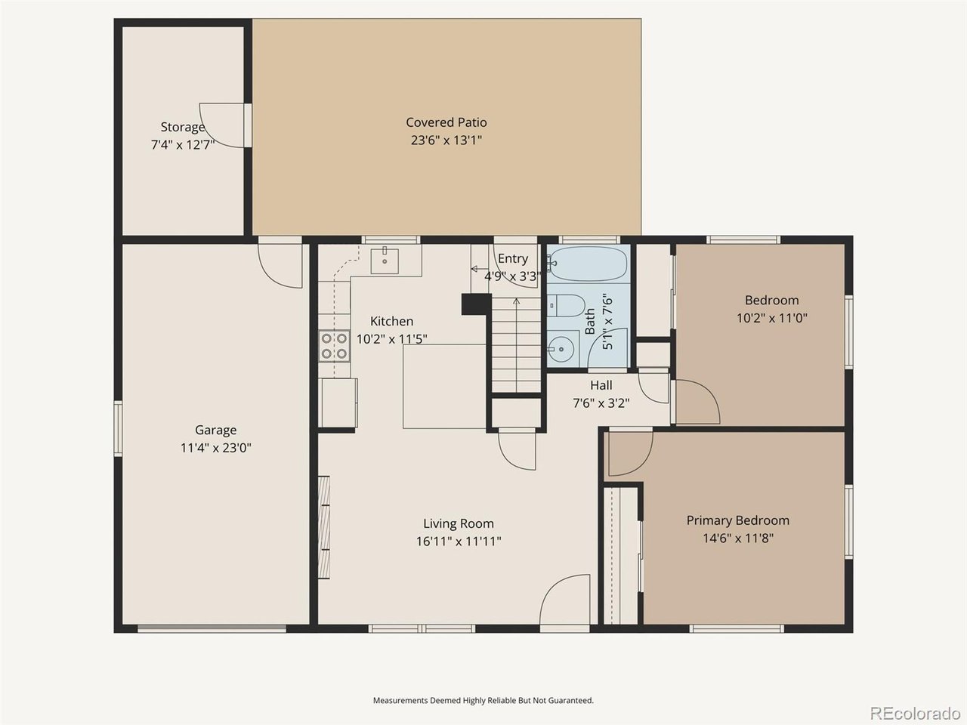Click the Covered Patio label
pyautogui.click(x=446, y=122)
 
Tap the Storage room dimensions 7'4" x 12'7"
pyautogui.click(x=183, y=145)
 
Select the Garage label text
pyautogui.click(x=216, y=430)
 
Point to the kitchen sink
pyautogui.click(x=385, y=261)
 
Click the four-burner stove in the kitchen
pyautogui.click(x=335, y=346)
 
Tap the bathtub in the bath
pyautogui.click(x=588, y=264)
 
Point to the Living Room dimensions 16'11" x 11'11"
pyautogui.click(x=459, y=541)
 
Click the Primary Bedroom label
pyautogui.click(x=738, y=521)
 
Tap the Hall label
pyautogui.click(x=601, y=386)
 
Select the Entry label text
pyautogui.click(x=513, y=259)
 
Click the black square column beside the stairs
pyautogui.click(x=476, y=304)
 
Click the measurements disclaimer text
pyautogui.click(x=483, y=700)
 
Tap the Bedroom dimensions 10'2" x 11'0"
pyautogui.click(x=772, y=318)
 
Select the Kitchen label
pyautogui.click(x=391, y=322)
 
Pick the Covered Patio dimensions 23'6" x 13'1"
pyautogui.click(x=446, y=140)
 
